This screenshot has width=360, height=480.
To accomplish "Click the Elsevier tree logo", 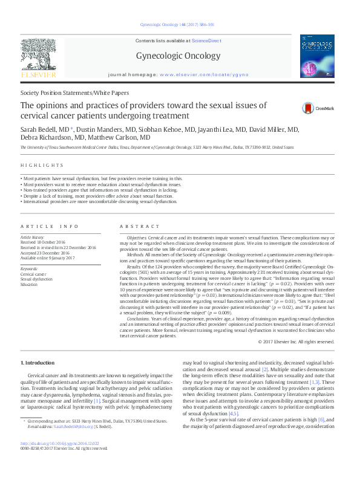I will pyautogui.click(x=38, y=58).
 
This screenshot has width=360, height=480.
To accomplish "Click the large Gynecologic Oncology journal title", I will pyautogui.click(x=180, y=56).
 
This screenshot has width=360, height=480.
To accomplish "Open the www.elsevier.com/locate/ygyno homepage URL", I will pyautogui.click(x=196, y=74).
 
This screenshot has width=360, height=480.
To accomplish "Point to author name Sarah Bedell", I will pyautogui.click(x=37, y=130).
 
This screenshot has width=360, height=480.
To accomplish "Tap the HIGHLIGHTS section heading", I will pyautogui.click(x=42, y=165).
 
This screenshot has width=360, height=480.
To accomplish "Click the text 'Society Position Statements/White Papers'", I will pyautogui.click(x=74, y=93).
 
